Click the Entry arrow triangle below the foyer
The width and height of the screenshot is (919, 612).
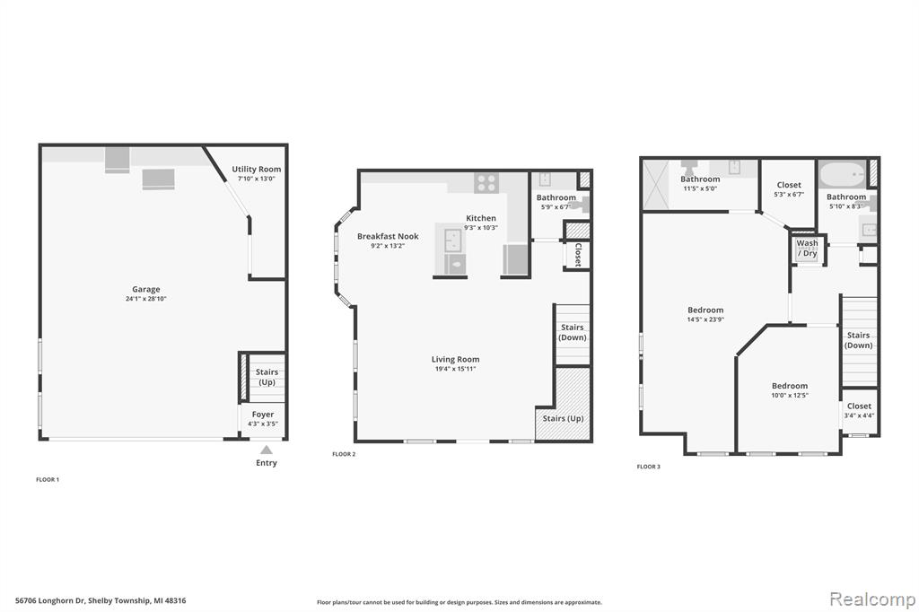point(266,450)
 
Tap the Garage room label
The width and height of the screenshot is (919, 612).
point(146,289)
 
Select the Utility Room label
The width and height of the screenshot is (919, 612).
point(256,169)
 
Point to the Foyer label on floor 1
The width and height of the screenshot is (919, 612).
point(263,415)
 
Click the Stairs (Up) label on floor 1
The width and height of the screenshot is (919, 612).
point(267,377)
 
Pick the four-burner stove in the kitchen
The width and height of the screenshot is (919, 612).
point(486,183)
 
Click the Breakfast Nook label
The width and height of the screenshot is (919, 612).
point(388,236)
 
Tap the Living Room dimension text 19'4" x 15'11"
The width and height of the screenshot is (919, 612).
point(455,369)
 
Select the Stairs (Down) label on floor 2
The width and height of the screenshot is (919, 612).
point(572,332)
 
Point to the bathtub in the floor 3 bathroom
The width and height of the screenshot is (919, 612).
point(842,175)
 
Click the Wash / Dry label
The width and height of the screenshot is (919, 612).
point(807,248)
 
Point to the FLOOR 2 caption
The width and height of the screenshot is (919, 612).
point(344,454)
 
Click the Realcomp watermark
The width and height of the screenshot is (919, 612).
point(872,599)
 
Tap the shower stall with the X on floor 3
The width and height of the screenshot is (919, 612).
point(656,185)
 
